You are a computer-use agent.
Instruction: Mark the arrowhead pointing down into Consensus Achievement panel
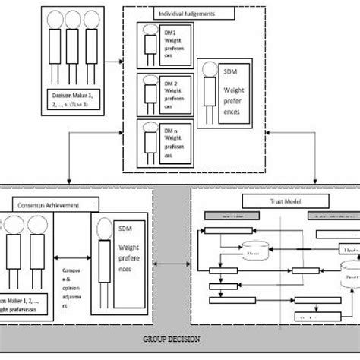coord(68,182)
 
